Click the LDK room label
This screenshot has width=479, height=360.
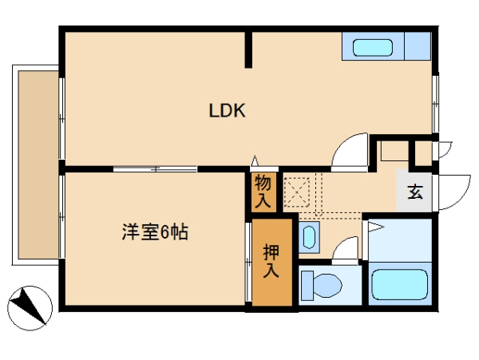227,110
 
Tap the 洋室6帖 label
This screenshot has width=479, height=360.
155,231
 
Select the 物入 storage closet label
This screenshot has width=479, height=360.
263,192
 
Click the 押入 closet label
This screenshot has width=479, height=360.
271,261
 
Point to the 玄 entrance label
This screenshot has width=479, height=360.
415,192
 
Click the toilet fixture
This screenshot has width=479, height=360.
322,286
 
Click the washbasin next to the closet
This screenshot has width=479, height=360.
309,237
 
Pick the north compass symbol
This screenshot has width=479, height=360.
30,308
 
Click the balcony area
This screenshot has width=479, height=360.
38,164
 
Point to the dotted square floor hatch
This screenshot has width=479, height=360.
297,192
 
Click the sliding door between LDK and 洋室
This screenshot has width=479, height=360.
155,169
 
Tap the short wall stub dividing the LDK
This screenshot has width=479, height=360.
248,49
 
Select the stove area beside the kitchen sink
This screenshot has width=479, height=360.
418,45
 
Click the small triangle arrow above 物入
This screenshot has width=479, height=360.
255,160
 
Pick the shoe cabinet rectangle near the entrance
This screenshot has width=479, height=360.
394,151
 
